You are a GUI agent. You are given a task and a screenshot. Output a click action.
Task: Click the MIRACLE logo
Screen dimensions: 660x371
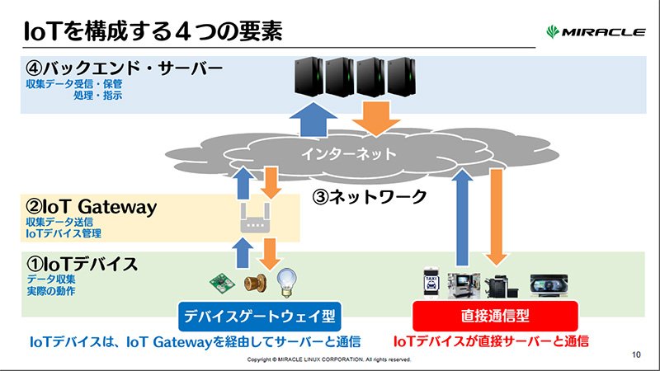coord(595,32)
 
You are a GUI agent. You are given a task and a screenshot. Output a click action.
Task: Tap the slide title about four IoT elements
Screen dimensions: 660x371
coord(153,31)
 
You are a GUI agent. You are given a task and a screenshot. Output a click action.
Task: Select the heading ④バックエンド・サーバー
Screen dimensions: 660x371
coord(125,68)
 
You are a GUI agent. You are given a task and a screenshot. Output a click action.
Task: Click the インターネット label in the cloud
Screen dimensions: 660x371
coord(348,154)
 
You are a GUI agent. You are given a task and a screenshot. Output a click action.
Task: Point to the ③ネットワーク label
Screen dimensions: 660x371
coord(370,196)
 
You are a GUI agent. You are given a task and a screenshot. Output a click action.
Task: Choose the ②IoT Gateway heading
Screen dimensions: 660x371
coord(91,207)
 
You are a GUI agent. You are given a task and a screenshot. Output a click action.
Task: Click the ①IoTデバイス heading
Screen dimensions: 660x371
coord(82,264)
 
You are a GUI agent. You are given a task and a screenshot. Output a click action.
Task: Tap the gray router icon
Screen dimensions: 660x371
coord(255,218)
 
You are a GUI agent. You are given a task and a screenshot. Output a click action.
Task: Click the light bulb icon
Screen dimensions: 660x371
coord(287,283)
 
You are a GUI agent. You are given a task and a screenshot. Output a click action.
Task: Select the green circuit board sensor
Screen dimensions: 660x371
coord(222,283)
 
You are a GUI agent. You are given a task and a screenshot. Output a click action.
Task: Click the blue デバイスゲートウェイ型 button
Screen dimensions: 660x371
coord(260,316)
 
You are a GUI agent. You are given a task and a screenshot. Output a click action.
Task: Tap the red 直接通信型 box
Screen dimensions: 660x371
coord(495,316)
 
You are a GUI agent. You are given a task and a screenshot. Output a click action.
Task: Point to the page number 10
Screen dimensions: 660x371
coord(636,355)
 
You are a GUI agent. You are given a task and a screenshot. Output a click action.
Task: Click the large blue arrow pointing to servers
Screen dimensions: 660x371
coord(313,120)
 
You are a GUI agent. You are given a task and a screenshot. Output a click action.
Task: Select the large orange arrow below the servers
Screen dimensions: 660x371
coord(376,120)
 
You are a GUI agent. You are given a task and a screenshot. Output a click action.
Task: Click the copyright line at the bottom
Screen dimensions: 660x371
coord(328,359)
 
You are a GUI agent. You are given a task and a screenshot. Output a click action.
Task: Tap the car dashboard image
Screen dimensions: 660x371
coord(549,284)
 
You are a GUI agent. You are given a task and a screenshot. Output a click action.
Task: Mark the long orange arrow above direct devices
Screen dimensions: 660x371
coord(497,217)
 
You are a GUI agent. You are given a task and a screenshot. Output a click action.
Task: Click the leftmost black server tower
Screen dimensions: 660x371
coord(309,76)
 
